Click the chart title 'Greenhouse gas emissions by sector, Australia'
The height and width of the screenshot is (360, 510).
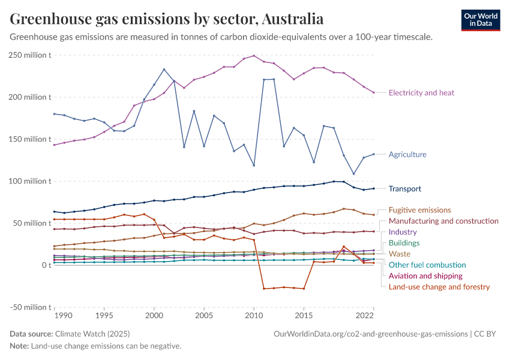pos(167,19)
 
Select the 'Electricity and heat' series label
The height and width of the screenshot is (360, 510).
pos(421,93)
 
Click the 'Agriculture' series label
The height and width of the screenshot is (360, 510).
pos(407,154)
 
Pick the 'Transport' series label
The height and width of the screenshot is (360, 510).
pos(404,188)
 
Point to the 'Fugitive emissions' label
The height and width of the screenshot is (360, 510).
pos(420,210)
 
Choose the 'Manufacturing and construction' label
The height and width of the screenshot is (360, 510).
pos(443,221)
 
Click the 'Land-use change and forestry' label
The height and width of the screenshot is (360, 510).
pos(439,287)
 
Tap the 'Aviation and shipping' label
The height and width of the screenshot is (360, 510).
pos(425,276)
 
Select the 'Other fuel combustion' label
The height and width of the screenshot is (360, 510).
pos(426,265)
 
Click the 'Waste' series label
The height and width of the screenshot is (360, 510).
pos(400,254)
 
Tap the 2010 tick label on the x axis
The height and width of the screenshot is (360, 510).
pos(254,315)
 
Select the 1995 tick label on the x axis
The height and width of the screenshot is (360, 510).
pos(104,315)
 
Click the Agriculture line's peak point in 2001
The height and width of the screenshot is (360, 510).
pos(164,70)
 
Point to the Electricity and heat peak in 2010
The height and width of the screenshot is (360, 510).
pos(254,56)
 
